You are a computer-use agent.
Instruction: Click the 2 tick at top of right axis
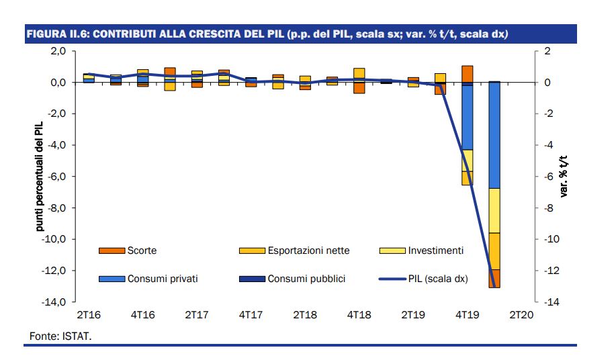(x=547, y=51)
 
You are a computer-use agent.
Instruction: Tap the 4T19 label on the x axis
(x=468, y=314)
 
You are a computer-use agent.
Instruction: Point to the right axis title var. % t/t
(x=564, y=177)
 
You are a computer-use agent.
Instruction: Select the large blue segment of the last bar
(x=494, y=134)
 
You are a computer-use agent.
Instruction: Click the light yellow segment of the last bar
(x=494, y=210)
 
